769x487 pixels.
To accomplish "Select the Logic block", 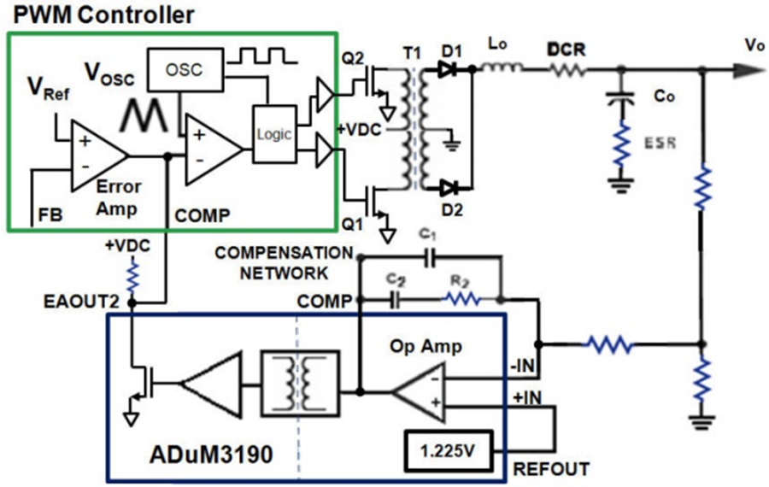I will pyautogui.click(x=273, y=134).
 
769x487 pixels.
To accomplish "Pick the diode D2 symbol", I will pyautogui.click(x=449, y=188).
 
